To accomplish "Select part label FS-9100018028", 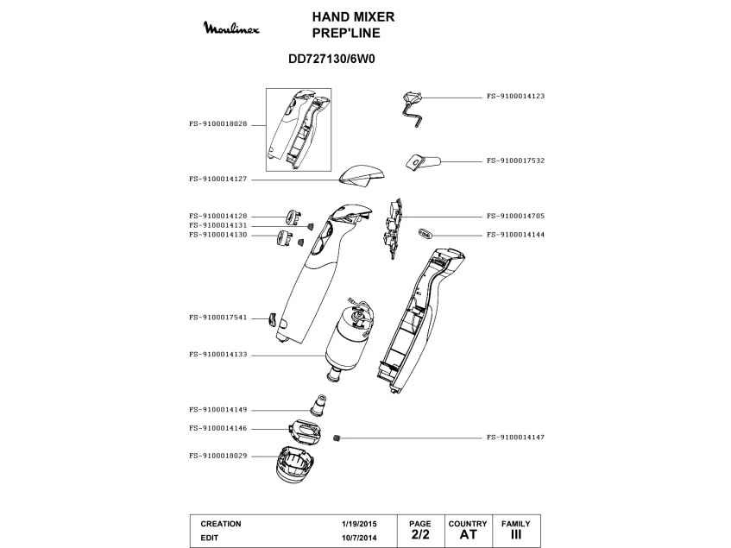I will (217, 123).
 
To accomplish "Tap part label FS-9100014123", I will (515, 97).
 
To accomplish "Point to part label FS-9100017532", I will (515, 161).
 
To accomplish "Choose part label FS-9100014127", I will (217, 179).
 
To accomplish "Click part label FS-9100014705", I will (515, 216).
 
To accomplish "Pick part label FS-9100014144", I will (515, 234).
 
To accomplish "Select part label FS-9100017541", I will (217, 318).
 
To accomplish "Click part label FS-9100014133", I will (217, 354).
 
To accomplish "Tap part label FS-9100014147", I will (515, 438).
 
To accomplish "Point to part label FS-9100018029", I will (217, 455).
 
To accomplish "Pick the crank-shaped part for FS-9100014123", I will (413, 107).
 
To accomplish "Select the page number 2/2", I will (419, 535).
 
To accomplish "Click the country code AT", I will (468, 535).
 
